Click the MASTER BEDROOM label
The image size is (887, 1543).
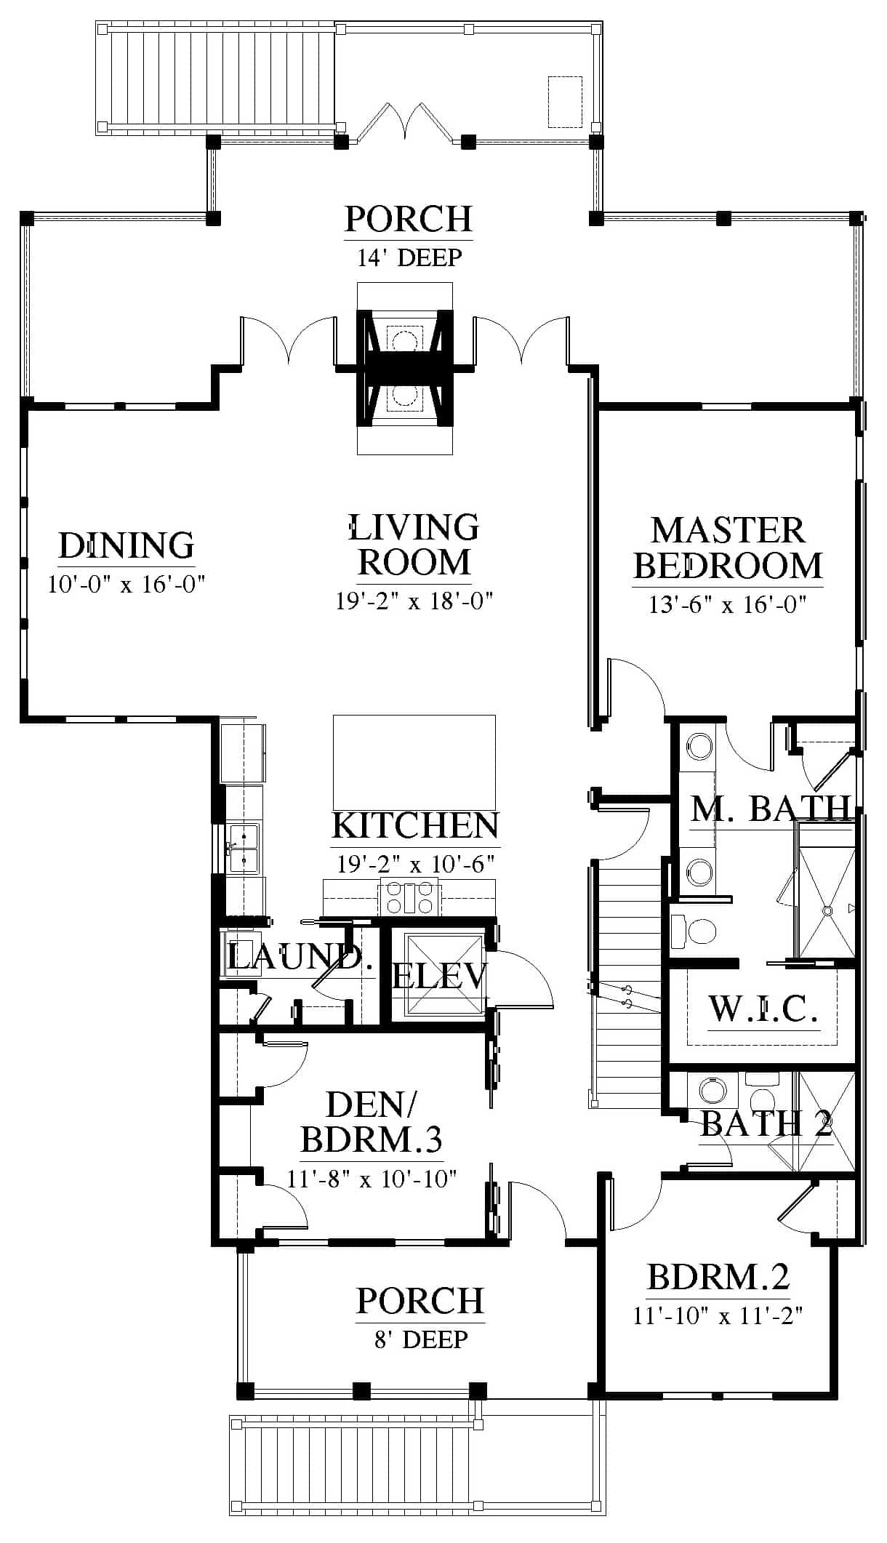pyautogui.click(x=728, y=548)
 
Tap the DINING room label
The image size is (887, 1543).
pyautogui.click(x=127, y=545)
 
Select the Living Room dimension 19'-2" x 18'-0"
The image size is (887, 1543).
pyautogui.click(x=414, y=601)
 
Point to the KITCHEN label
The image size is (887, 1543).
pyautogui.click(x=415, y=825)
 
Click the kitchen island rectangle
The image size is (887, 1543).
pyautogui.click(x=414, y=762)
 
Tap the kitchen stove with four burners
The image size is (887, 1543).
pyautogui.click(x=409, y=897)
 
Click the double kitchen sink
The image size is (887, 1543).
pyautogui.click(x=244, y=848)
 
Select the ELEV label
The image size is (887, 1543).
pyautogui.click(x=439, y=976)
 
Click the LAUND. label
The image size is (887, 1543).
pyautogui.click(x=295, y=957)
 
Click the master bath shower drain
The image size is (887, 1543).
pyautogui.click(x=827, y=909)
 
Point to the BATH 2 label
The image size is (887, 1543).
pyautogui.click(x=766, y=1123)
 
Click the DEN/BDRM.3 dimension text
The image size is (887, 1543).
pyautogui.click(x=372, y=1177)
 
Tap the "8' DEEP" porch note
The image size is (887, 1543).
pyautogui.click(x=421, y=1339)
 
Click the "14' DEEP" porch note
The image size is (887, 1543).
pyautogui.click(x=409, y=257)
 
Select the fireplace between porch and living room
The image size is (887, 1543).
pyautogui.click(x=404, y=368)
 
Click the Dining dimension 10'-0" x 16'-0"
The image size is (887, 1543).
pyautogui.click(x=127, y=584)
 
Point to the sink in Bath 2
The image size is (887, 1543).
pyautogui.click(x=713, y=1091)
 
